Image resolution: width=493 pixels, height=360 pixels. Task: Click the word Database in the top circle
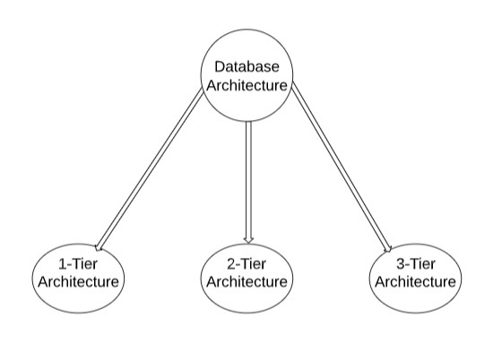(x=246, y=67)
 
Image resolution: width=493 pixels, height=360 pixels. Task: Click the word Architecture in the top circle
(x=246, y=85)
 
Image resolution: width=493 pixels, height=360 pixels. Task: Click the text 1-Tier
(x=78, y=264)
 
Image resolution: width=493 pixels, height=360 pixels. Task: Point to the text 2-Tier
(x=246, y=264)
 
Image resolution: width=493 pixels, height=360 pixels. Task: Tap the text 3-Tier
(x=415, y=264)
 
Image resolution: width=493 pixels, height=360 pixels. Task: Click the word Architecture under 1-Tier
(x=79, y=282)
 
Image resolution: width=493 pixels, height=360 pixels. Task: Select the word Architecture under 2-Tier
(x=246, y=282)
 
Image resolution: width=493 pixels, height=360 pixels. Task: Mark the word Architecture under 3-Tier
(x=415, y=282)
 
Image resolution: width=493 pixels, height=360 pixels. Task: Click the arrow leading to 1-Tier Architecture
(x=151, y=169)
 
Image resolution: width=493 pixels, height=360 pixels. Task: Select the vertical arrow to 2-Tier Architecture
(x=248, y=182)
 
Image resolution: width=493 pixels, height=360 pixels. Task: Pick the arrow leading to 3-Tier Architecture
(x=342, y=169)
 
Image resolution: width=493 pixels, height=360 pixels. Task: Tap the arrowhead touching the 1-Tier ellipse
(x=99, y=247)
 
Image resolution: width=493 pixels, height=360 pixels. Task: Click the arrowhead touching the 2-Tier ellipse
(x=248, y=240)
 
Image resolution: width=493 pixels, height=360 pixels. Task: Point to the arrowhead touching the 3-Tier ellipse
(x=389, y=248)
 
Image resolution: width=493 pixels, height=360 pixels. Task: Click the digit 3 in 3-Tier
(x=400, y=264)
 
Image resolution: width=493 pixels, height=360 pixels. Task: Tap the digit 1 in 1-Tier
(x=63, y=264)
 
